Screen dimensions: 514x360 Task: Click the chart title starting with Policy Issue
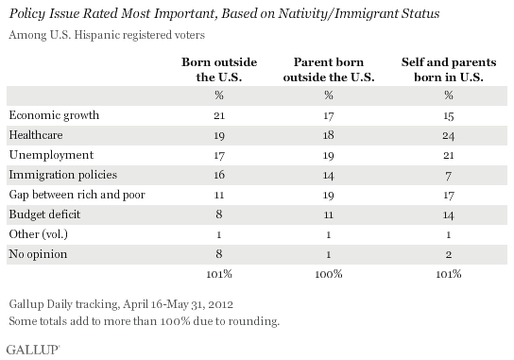(224, 14)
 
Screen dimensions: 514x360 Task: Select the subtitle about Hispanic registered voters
(107, 35)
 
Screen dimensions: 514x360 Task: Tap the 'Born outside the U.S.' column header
(219, 70)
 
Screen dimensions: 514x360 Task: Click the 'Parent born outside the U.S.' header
(329, 70)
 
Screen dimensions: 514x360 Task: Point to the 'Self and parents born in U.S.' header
(449, 70)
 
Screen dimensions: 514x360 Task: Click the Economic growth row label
(54, 115)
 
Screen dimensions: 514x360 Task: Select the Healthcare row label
(36, 135)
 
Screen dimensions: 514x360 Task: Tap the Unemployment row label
(51, 155)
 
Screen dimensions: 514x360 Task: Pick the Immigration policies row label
(63, 175)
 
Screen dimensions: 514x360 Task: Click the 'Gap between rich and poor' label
(77, 195)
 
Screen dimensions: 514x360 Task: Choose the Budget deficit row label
(44, 214)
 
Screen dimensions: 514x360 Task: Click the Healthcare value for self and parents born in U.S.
(449, 135)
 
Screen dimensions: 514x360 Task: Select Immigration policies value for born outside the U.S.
(219, 175)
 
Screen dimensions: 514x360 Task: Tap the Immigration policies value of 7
(449, 176)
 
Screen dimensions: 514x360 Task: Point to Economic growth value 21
(219, 115)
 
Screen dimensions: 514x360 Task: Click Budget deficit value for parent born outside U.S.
(329, 214)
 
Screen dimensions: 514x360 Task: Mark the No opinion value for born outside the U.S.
(219, 254)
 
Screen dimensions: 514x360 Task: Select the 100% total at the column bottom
(329, 274)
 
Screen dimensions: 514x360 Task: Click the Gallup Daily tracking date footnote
(121, 304)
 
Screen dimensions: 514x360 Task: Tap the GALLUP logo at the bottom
(33, 350)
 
